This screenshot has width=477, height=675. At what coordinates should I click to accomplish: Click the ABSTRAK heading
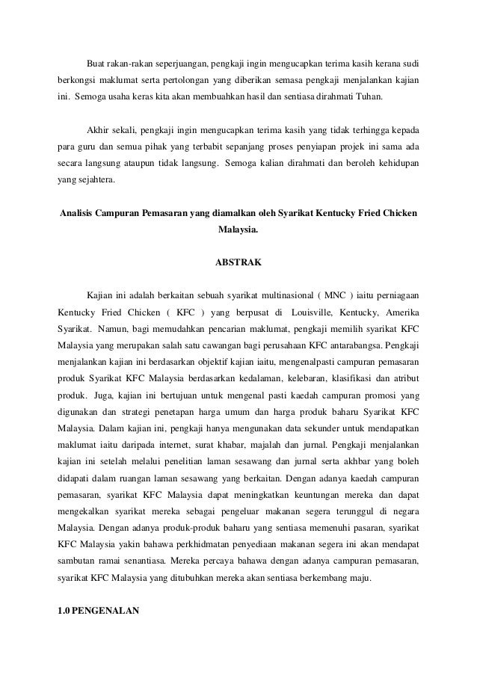[x=238, y=263]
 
